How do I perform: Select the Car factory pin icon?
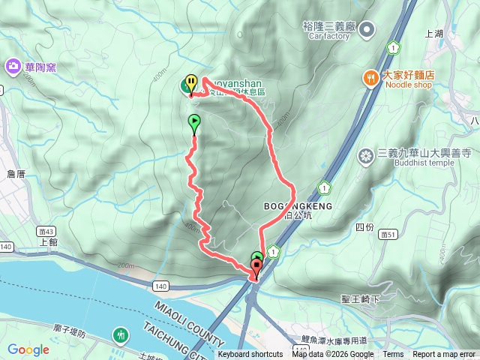[x=367, y=29]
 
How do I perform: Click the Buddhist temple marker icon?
[x=366, y=155]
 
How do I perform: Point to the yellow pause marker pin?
[x=191, y=83]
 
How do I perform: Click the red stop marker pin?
[x=257, y=267]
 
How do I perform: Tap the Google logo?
[x=28, y=349]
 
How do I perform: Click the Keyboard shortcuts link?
[x=250, y=355]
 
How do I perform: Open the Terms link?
[x=393, y=355]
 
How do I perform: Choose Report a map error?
[x=444, y=355]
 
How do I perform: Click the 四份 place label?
[x=364, y=226]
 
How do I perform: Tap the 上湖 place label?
[x=434, y=34]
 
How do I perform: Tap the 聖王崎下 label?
[x=361, y=299]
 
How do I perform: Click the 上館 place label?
[x=48, y=243]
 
